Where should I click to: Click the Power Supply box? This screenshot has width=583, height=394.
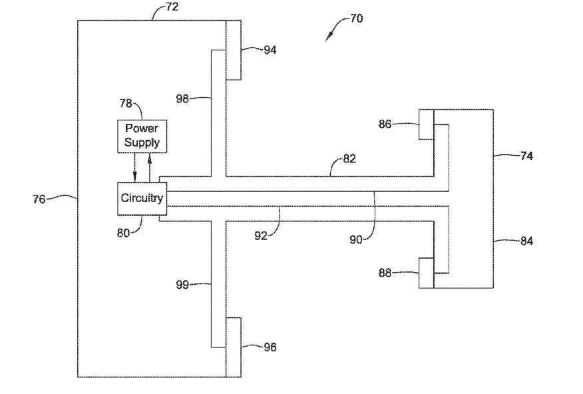142,136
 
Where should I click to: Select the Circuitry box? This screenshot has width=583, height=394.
142,199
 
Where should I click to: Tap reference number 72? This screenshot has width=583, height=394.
172,7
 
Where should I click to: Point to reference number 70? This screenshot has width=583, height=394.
357,18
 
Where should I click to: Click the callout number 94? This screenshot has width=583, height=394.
270,50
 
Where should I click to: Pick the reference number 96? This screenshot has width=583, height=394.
270,347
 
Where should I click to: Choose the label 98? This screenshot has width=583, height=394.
182,99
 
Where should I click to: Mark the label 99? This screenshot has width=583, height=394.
182,285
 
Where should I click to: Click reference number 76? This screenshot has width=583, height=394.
39,199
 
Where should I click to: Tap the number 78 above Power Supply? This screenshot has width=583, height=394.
126,103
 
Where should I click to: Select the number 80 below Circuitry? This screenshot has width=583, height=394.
123,233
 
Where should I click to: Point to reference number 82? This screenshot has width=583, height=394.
349,159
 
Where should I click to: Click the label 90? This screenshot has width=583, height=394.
356,240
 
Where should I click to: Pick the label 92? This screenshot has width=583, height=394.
261,235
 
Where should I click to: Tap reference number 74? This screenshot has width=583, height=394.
526,155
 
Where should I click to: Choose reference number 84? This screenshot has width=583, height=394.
526,241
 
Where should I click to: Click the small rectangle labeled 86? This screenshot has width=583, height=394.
426,125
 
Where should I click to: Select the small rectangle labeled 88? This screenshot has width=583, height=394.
426,273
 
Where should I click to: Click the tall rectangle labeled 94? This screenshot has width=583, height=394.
234,50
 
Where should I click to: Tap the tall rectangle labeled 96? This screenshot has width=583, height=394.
234,347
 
